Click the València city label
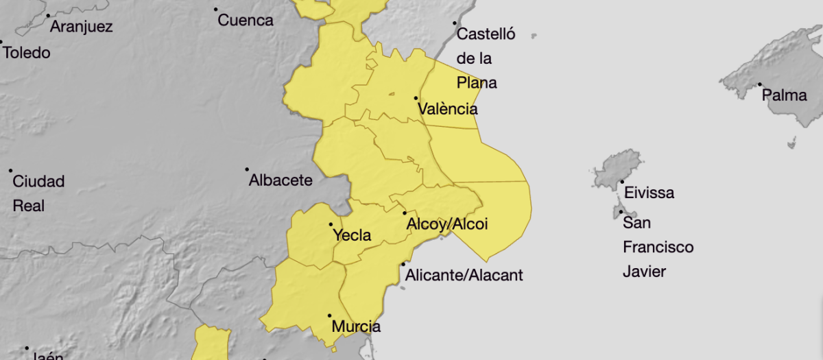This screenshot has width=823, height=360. pyautogui.click(x=448, y=109)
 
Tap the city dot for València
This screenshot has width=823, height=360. pyautogui.click(x=416, y=98)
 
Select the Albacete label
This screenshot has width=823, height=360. pyautogui.click(x=281, y=180)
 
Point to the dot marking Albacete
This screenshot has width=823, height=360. pyautogui.click(x=248, y=169)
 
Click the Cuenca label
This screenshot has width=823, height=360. pyautogui.click(x=246, y=21)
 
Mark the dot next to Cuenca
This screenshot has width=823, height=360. pyautogui.click(x=216, y=10)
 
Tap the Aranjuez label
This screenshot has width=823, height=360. pyautogui.click(x=82, y=27)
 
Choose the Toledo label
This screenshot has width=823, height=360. pyautogui.click(x=27, y=52)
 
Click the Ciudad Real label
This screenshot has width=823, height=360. pyautogui.click(x=38, y=193)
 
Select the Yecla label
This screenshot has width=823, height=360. pyautogui.click(x=352, y=236)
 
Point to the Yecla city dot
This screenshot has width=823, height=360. pyautogui.click(x=331, y=224)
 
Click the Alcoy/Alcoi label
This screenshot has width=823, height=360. pyautogui.click(x=447, y=224)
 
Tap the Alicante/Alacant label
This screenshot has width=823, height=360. pyautogui.click(x=464, y=276)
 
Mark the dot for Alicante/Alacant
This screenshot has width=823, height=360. pyautogui.click(x=403, y=264)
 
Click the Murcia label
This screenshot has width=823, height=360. pyautogui.click(x=356, y=326)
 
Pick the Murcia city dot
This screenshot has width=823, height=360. pyautogui.click(x=329, y=315)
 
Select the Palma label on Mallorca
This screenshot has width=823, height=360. pyautogui.click(x=785, y=95)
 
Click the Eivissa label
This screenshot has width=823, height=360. pyautogui.click(x=649, y=193)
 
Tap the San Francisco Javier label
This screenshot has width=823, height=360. pyautogui.click(x=658, y=247)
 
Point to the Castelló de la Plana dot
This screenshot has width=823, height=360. pyautogui.click(x=454, y=23)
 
